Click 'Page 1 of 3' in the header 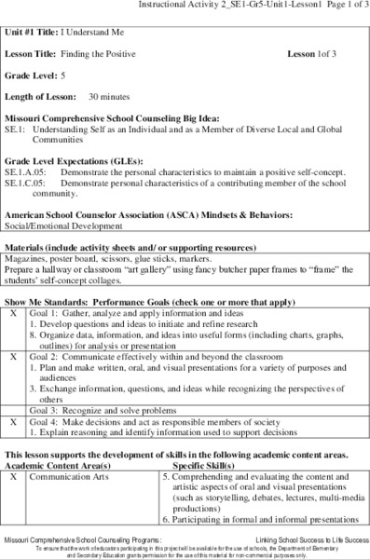pyautogui.click(x=342, y=6)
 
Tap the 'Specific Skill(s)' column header pyautogui.click(x=212, y=465)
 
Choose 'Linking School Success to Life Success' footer pyautogui.click(x=306, y=541)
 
